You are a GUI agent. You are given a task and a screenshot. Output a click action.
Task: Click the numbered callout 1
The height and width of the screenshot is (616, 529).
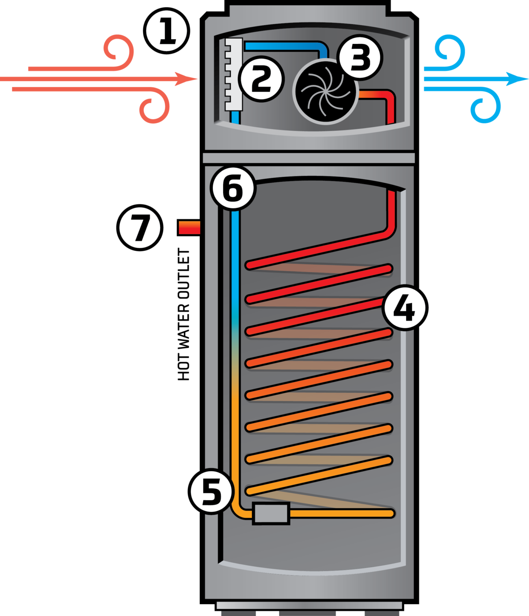click(x=167, y=31)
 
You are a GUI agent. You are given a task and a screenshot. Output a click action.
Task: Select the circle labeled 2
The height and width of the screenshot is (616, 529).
click(x=261, y=79)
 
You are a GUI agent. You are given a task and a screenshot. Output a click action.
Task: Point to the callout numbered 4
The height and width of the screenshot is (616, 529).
click(x=404, y=308)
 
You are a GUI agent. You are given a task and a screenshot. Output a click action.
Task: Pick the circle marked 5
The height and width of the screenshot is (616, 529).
click(x=212, y=491)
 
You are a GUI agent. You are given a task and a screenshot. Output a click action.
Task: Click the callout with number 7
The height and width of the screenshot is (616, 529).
click(x=140, y=228)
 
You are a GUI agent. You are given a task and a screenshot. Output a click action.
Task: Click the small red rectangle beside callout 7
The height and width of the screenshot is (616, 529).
click(x=190, y=228)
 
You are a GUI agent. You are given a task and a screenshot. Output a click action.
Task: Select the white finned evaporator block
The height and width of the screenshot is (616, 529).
click(x=234, y=75)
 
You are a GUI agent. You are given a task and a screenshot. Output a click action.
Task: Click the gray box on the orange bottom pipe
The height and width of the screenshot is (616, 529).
click(x=271, y=513)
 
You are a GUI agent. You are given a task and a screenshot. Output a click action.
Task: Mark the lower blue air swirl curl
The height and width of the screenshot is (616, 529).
click(x=485, y=108)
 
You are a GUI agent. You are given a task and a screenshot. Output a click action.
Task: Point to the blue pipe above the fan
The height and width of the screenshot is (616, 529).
click(x=287, y=46)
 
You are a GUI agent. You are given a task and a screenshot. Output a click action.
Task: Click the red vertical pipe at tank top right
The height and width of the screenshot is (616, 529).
click(x=391, y=211)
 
